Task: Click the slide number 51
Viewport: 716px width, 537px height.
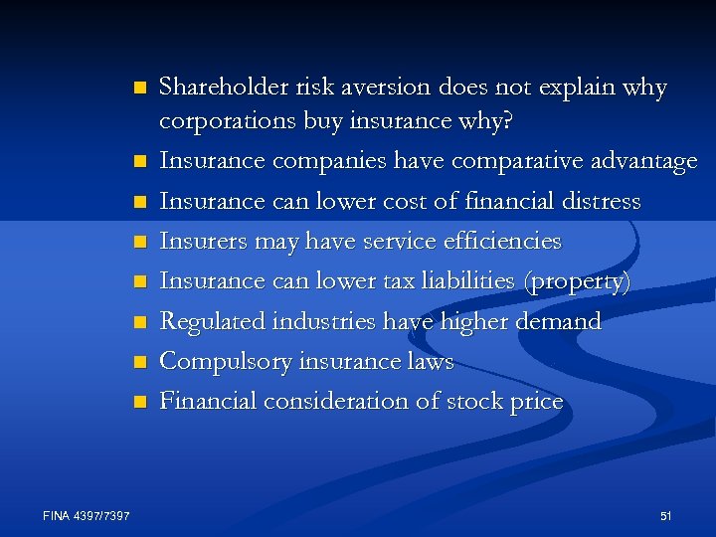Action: click(x=665, y=515)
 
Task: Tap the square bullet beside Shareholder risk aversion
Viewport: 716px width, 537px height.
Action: click(x=139, y=88)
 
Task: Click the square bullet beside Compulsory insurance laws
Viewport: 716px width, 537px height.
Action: click(x=139, y=362)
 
